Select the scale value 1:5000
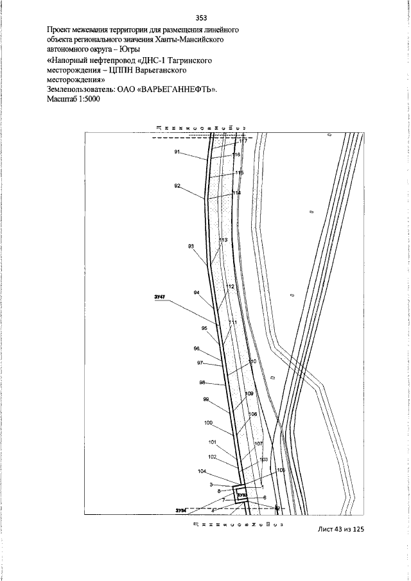pos(86,100)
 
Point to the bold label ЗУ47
pos(161,297)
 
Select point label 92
pos(177,186)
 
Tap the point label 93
pos(191,246)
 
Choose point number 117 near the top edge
pos(243,141)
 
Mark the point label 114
pos(236,193)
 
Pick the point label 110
pos(252,362)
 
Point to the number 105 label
pos(281,470)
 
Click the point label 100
pos(208,422)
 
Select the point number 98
pos(202,383)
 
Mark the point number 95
pos(204,328)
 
